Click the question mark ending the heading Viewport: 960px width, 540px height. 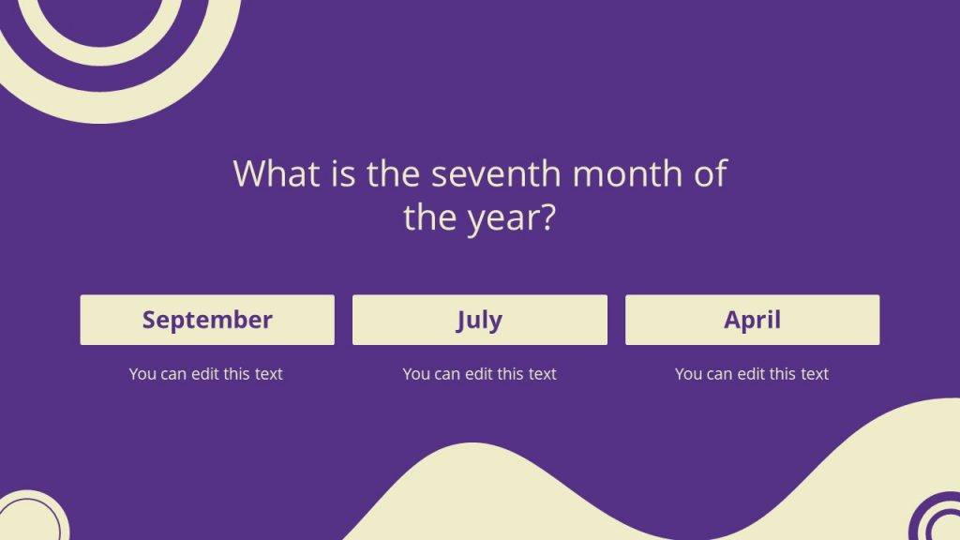click(547, 217)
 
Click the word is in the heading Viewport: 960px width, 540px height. click(343, 174)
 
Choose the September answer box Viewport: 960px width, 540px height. click(207, 320)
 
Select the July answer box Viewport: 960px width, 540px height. click(479, 320)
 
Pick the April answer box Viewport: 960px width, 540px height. click(752, 320)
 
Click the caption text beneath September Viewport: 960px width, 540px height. click(205, 374)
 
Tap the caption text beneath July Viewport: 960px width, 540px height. click(479, 374)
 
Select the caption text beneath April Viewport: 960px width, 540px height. click(752, 374)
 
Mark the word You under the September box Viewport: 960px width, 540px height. click(142, 374)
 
